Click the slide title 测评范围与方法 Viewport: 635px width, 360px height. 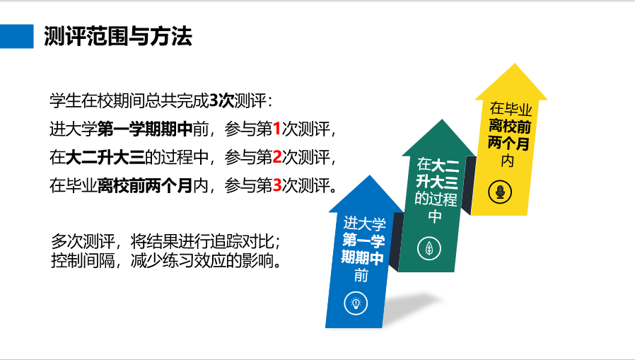click(x=118, y=36)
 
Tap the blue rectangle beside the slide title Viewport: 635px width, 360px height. click(x=16, y=36)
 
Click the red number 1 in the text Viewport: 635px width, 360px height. click(x=277, y=129)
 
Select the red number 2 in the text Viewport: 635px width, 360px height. click(x=277, y=157)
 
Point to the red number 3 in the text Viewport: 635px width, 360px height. click(x=277, y=185)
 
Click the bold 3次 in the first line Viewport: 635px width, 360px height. click(x=221, y=100)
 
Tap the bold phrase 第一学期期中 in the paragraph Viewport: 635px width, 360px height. click(x=145, y=129)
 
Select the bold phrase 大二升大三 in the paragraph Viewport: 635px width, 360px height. click(x=105, y=157)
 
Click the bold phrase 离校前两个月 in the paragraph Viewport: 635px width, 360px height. click(x=145, y=185)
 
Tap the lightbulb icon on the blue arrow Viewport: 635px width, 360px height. click(x=356, y=303)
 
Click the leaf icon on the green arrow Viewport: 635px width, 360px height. click(x=429, y=248)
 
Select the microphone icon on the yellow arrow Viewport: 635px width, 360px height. click(x=500, y=192)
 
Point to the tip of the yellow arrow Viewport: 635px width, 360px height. click(x=515, y=64)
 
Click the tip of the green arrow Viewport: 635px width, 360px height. click(x=442, y=120)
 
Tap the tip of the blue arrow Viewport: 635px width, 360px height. click(x=369, y=175)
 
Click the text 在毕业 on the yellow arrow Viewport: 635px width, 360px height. click(x=511, y=108)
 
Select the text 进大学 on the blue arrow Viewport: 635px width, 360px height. click(x=364, y=223)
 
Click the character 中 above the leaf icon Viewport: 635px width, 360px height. click(x=435, y=216)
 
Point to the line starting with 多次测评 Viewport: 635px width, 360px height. click(x=166, y=241)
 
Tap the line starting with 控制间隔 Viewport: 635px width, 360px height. click(x=166, y=261)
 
